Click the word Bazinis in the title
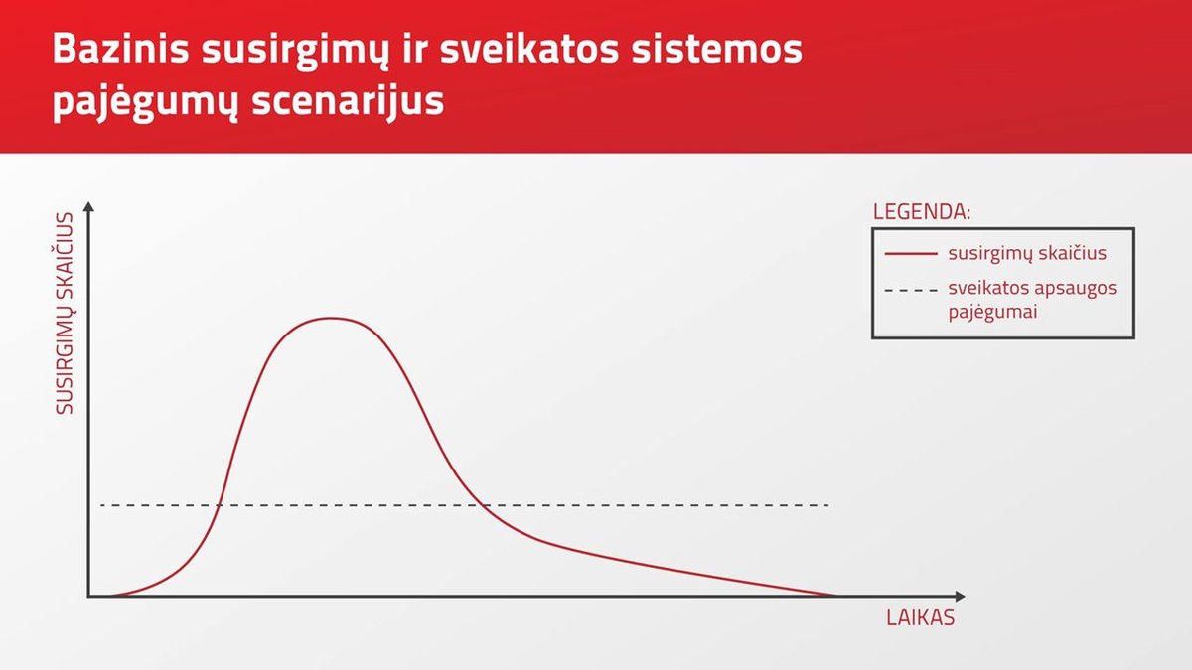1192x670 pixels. pos(121,49)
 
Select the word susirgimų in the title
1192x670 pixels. pos(295,52)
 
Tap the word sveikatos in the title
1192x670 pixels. pos(529,49)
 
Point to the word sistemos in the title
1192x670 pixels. pos(717,49)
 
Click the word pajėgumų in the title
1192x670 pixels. pos(145,102)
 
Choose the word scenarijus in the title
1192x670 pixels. pos(348,101)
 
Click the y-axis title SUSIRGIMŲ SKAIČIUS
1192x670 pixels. pos(65,314)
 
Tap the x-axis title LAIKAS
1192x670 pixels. pos(920,618)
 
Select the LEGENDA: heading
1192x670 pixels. pos(922,212)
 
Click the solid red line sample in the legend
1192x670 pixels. pos(911,254)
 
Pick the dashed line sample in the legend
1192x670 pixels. pos(911,290)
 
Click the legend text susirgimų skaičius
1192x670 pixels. pos(1027,254)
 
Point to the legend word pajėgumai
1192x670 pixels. pos(992,312)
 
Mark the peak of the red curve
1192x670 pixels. pos(331,318)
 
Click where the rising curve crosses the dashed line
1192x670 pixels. pos(219,505)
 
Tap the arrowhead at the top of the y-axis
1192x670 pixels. pos(88,206)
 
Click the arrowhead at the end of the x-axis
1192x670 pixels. pos(960,597)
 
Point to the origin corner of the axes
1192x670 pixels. pos(88,597)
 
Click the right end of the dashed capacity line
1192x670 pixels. pos(828,505)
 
